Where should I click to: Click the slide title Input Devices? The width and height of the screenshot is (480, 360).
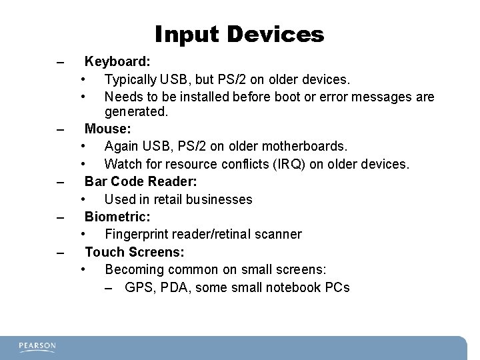[239, 34]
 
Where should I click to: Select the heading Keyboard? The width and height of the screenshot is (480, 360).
[117, 62]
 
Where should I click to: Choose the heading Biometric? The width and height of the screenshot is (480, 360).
[117, 216]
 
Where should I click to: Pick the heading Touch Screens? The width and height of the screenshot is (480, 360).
[135, 252]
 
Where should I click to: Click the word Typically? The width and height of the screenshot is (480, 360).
[130, 80]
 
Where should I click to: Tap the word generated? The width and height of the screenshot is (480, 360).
[136, 112]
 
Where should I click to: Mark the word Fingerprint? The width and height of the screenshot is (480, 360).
[137, 235]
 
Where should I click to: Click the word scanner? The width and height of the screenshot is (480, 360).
[277, 235]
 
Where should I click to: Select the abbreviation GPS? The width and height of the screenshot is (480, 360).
[138, 288]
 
